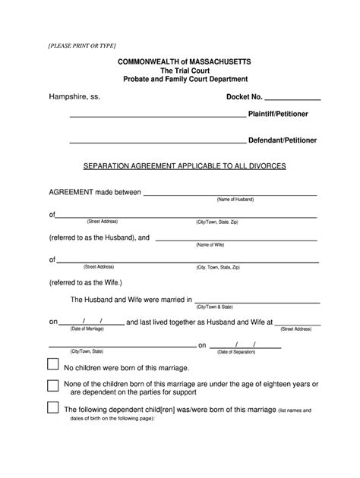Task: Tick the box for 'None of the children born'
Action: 53,385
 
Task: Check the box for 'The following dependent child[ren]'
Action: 53,408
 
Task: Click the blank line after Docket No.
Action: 292,99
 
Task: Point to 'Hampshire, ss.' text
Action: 74,98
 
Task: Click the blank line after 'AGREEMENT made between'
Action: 230,193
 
